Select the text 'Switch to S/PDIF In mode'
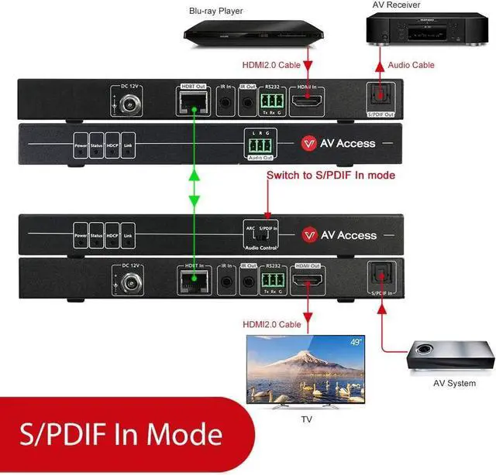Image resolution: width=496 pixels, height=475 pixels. pos(331,176)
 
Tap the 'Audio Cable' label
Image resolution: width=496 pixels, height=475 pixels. pos(412,65)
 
